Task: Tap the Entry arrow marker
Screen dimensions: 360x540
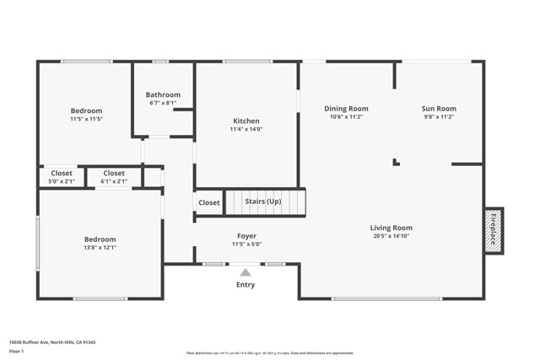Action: click(x=246, y=272)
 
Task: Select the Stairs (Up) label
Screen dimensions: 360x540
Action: click(x=262, y=202)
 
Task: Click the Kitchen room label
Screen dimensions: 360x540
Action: click(x=246, y=121)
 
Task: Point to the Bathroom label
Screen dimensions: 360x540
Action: click(x=163, y=95)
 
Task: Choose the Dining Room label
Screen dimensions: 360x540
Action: click(x=347, y=109)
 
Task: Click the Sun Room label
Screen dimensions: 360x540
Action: click(x=439, y=109)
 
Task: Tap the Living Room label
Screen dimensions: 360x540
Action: click(x=391, y=228)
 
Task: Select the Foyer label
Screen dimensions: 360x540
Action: click(x=246, y=236)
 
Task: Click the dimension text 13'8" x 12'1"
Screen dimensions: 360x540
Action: click(x=100, y=248)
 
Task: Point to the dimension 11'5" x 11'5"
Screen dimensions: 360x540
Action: click(x=86, y=120)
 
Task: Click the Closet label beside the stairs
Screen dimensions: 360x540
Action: click(x=209, y=202)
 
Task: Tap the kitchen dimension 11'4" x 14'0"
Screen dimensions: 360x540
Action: click(x=246, y=129)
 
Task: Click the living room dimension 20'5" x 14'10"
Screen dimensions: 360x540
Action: click(x=391, y=236)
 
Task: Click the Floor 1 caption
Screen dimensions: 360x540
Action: click(x=17, y=351)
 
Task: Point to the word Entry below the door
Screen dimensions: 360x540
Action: click(x=246, y=284)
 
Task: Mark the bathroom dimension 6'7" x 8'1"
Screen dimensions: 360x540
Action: click(x=163, y=104)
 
